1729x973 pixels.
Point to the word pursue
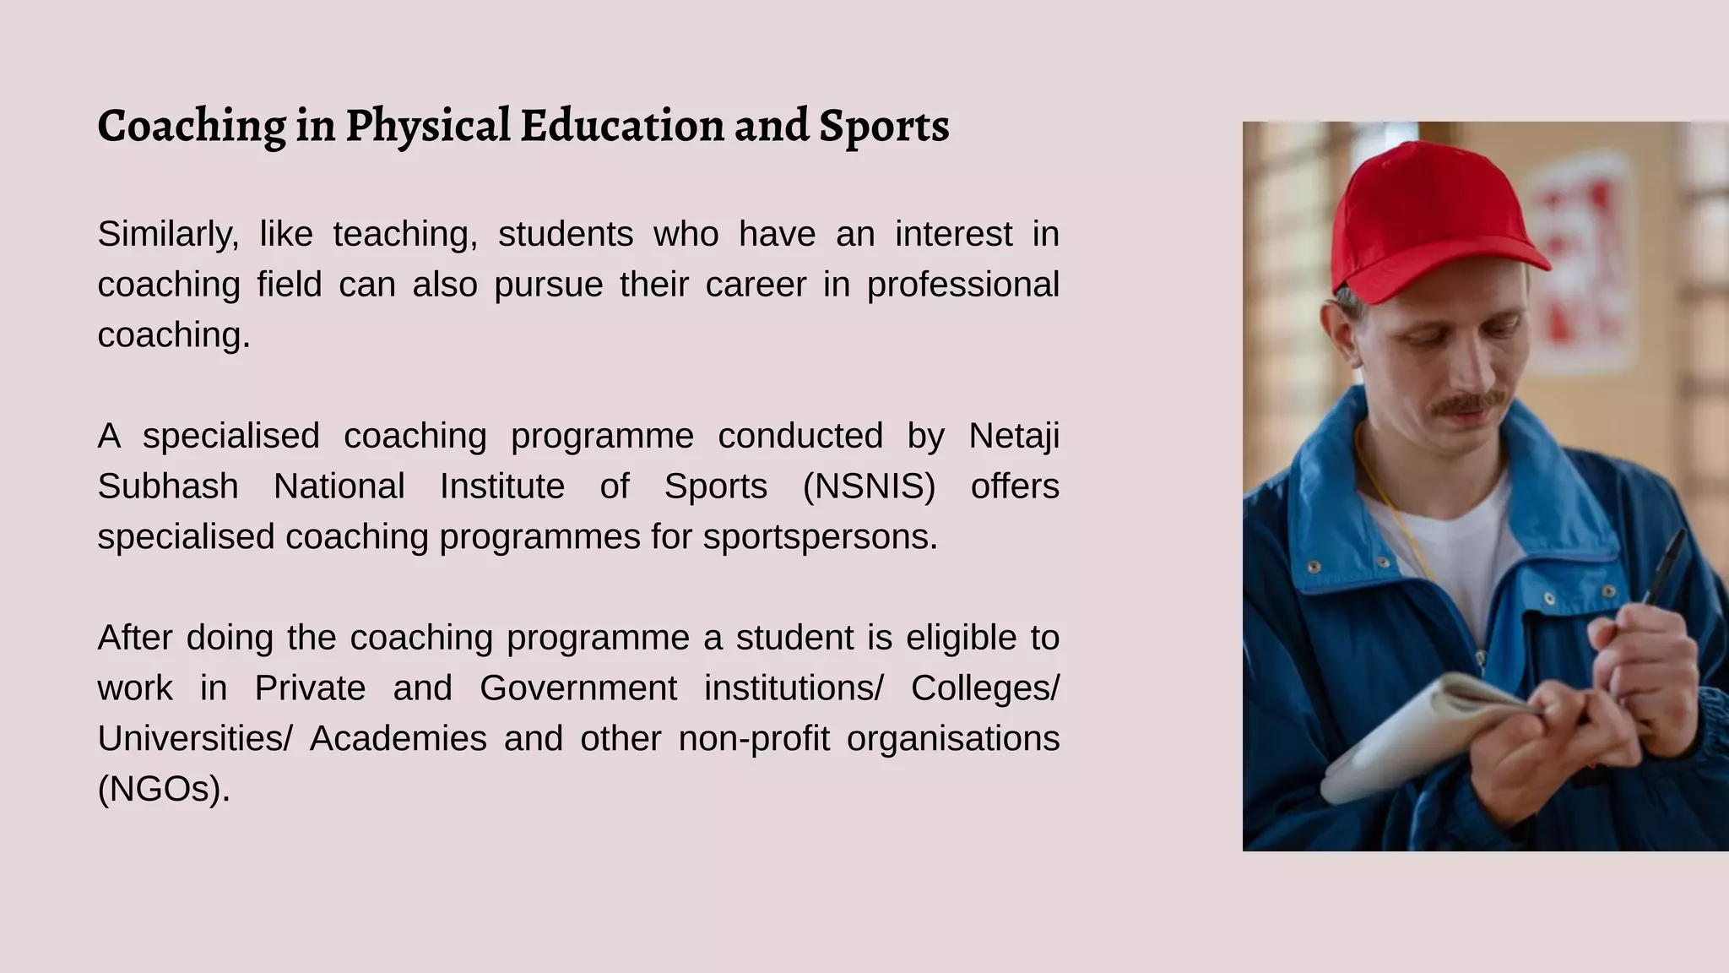(x=548, y=285)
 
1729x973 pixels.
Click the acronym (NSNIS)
(x=869, y=486)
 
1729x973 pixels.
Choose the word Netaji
(x=1013, y=437)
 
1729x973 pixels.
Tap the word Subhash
(x=168, y=486)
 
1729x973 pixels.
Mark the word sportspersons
(x=820, y=537)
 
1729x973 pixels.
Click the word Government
(x=578, y=688)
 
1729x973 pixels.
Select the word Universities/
(x=195, y=739)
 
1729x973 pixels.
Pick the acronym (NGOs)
(x=164, y=789)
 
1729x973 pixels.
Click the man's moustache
(x=1466, y=404)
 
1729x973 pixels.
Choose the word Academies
(x=398, y=739)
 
